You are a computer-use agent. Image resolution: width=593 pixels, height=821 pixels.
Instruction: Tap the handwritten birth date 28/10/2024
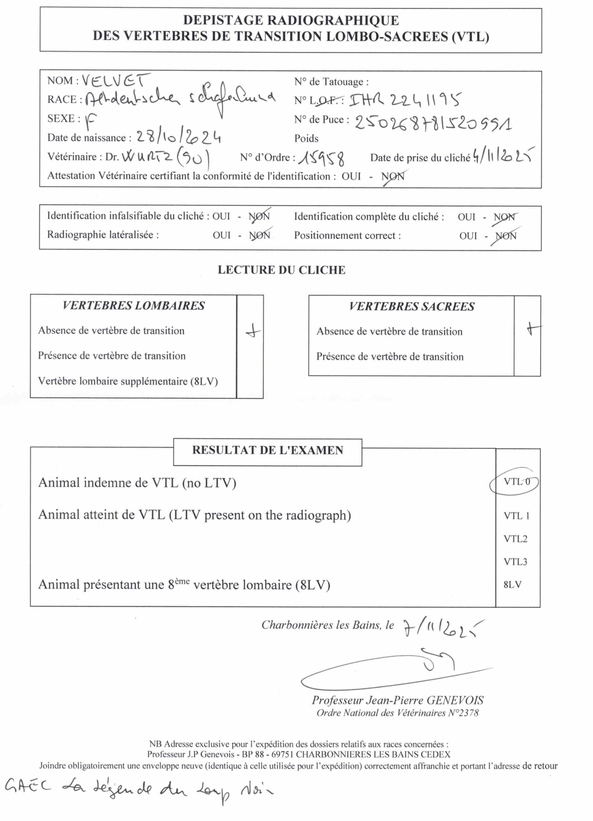click(x=179, y=137)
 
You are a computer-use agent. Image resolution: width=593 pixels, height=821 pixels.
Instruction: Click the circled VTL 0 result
click(x=516, y=482)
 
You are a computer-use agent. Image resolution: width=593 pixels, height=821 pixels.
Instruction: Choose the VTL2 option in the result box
click(x=515, y=539)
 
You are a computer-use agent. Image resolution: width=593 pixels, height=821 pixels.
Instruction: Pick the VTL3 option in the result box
click(x=515, y=562)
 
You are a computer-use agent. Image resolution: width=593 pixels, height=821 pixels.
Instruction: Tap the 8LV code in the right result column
click(x=513, y=585)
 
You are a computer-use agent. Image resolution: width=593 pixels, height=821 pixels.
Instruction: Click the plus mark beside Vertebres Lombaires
click(x=253, y=331)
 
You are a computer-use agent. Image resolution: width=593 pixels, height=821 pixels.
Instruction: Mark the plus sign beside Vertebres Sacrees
click(x=533, y=328)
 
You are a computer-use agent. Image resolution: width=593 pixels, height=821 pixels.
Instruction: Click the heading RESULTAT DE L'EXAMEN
click(x=267, y=450)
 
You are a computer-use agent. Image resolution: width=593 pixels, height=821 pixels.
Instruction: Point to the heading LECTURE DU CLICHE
click(x=281, y=270)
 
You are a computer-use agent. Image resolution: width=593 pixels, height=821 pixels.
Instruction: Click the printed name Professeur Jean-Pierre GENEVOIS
click(x=398, y=700)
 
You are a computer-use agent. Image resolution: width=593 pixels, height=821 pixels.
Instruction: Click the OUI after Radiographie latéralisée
click(x=221, y=235)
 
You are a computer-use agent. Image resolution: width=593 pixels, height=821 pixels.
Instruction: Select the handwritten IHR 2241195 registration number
click(x=405, y=100)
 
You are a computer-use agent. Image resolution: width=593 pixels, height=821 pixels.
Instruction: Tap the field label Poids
click(x=306, y=138)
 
